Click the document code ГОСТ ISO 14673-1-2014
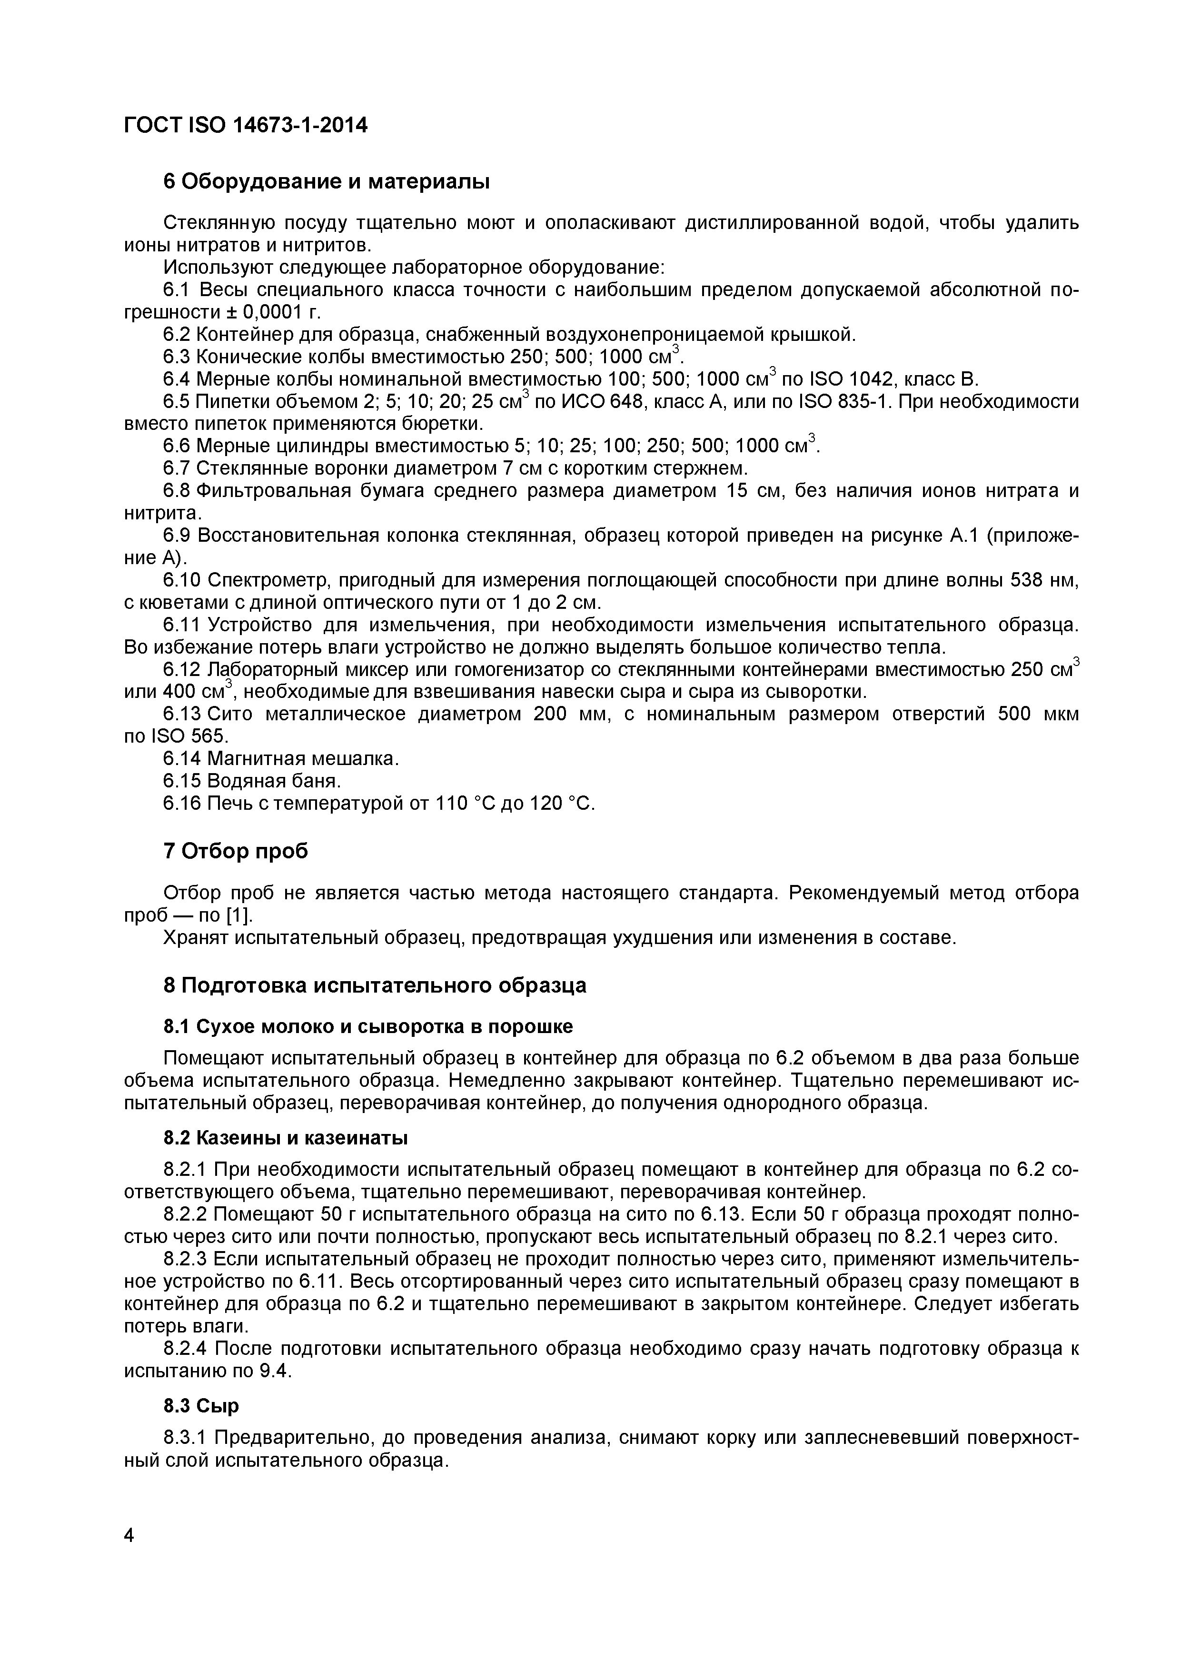click(x=246, y=126)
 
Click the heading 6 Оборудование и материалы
click(x=327, y=182)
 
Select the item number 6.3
click(x=177, y=357)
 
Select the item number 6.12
click(x=182, y=669)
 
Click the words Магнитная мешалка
click(x=303, y=759)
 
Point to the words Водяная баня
click(x=273, y=781)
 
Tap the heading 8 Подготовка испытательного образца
click(x=375, y=985)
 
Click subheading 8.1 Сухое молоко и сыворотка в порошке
click(x=368, y=1026)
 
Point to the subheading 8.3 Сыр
click(x=201, y=1407)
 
